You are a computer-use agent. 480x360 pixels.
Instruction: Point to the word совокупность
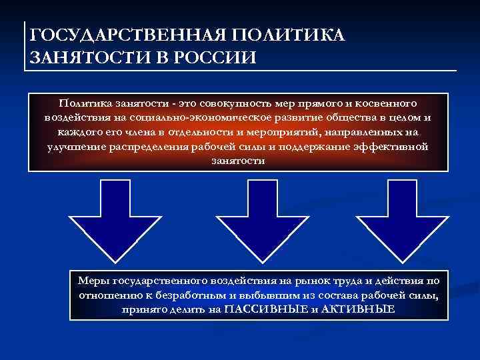tap(231, 104)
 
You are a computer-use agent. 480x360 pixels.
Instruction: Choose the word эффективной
tap(393, 147)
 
